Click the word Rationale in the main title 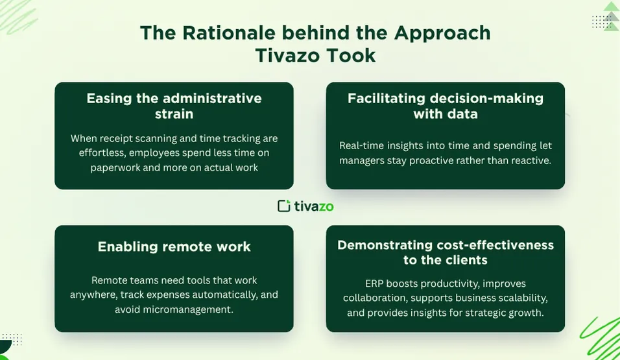tap(228, 33)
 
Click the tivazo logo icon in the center tap(284, 206)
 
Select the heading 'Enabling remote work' tap(174, 247)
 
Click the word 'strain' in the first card tap(174, 114)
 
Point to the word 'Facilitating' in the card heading tap(387, 99)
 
